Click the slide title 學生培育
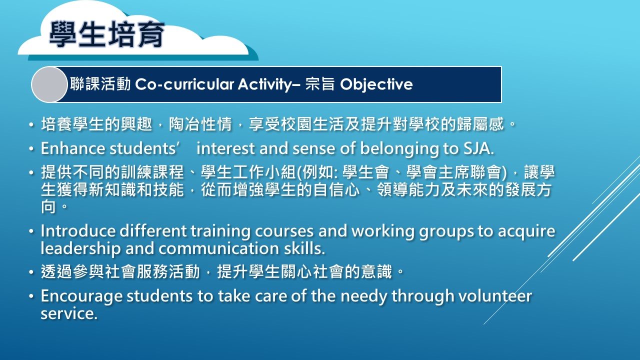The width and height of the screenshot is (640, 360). coord(107,34)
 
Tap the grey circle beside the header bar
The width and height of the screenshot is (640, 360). coord(49,84)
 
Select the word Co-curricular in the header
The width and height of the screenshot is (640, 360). coord(184,84)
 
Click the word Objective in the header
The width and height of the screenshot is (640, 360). coord(376,85)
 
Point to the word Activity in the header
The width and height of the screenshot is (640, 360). coord(264,85)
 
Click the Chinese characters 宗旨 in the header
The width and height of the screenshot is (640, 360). coord(319,84)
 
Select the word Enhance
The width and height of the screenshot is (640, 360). coord(73,148)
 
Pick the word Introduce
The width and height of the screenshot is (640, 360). coord(78,231)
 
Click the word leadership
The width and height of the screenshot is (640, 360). coord(80,249)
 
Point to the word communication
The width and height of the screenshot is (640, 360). coord(218,248)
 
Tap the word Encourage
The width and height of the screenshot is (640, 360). coord(81,296)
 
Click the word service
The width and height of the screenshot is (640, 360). coord(69,313)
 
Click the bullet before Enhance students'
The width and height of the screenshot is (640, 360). coord(31,149)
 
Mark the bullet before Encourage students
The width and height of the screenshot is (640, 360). coord(31,296)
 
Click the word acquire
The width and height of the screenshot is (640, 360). coord(526,231)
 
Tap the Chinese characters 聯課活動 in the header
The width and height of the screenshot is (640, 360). coord(100,84)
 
